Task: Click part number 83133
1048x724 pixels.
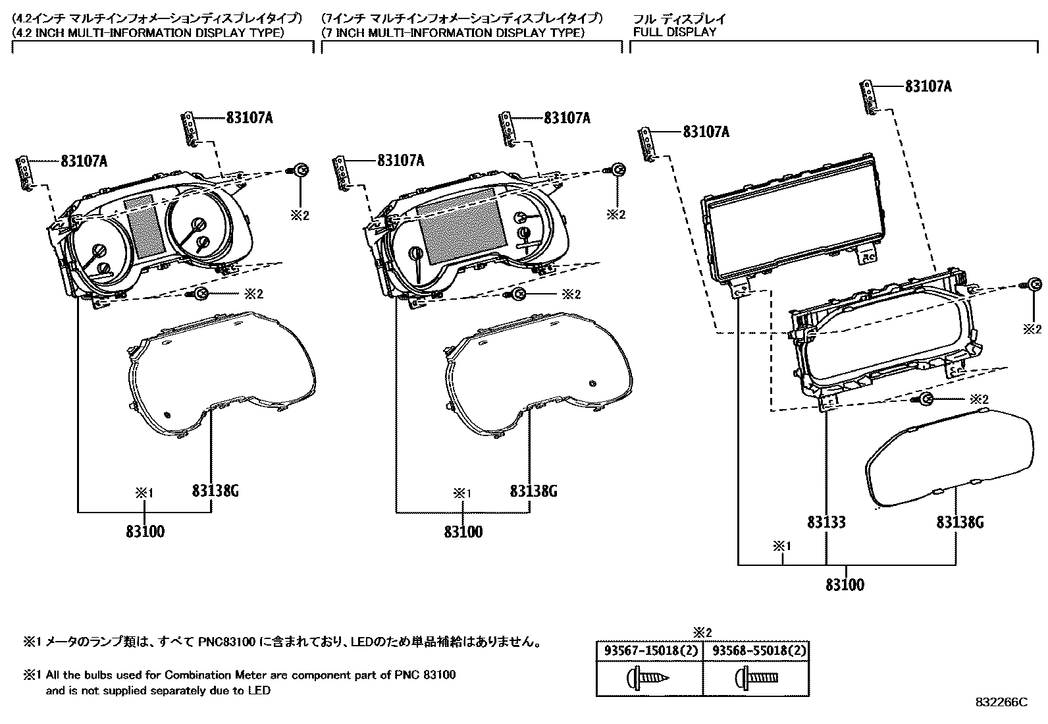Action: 826,522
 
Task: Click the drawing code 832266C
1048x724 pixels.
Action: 1001,703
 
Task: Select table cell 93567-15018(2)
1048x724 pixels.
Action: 649,651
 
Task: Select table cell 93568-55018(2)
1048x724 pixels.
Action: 756,651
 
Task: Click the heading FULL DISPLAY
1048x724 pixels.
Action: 675,32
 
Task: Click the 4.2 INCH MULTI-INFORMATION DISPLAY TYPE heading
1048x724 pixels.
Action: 149,32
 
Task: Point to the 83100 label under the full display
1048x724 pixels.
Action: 845,584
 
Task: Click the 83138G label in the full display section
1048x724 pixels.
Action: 960,522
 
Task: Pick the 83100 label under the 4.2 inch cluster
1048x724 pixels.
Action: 145,531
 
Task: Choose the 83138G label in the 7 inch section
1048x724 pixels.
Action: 533,491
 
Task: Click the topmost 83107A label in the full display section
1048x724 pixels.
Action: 928,86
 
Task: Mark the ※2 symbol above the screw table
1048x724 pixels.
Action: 703,632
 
